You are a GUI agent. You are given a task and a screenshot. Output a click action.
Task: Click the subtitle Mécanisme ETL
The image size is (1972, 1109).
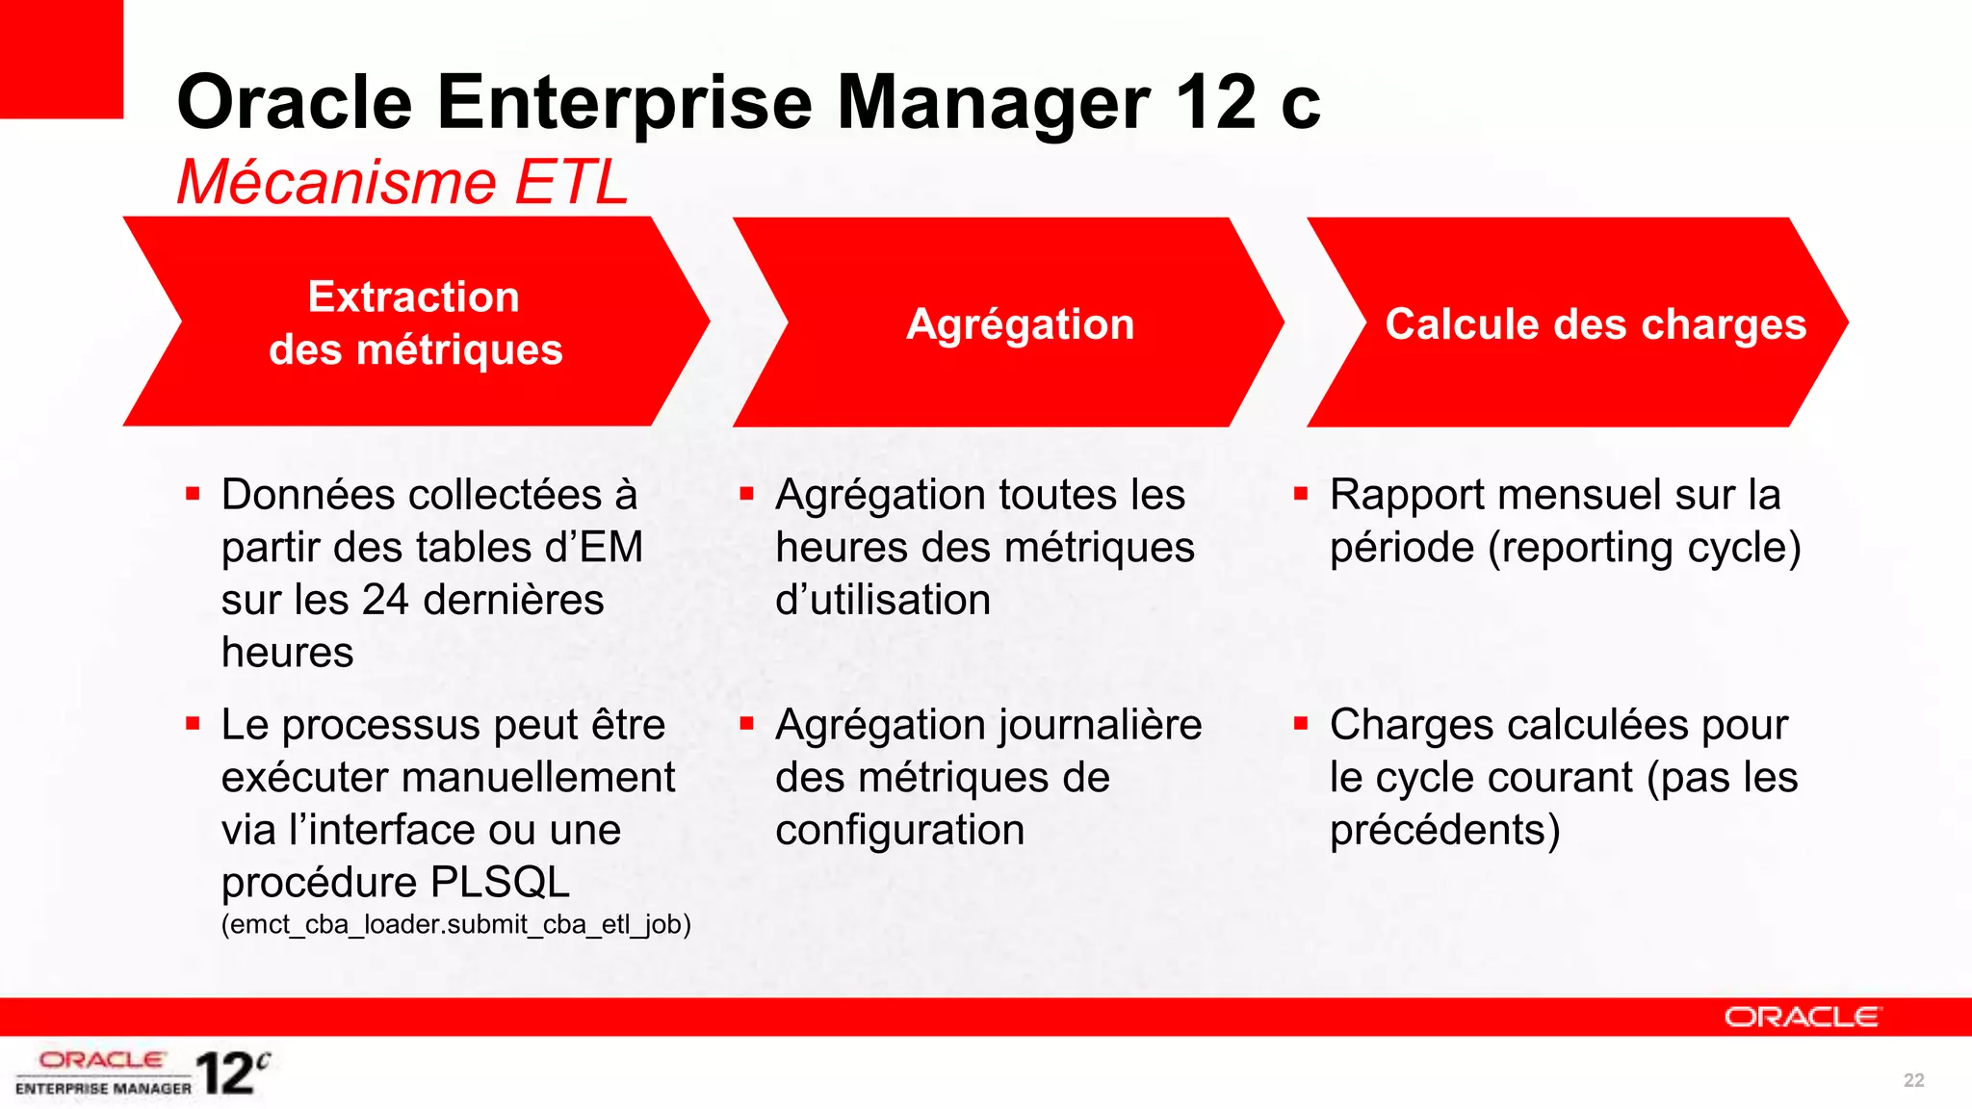click(402, 182)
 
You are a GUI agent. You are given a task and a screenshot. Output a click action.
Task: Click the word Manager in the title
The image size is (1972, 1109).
click(994, 103)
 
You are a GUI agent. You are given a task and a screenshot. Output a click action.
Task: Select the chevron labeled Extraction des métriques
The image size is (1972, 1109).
click(415, 322)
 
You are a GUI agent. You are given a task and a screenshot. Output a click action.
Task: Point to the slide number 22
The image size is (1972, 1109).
click(1913, 1080)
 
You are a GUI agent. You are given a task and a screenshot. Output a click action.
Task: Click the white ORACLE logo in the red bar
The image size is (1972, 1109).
click(1801, 1018)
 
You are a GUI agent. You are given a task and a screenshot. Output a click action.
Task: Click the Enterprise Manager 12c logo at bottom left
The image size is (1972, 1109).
click(143, 1073)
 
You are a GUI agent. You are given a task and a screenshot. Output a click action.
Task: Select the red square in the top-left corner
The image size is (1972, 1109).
click(61, 58)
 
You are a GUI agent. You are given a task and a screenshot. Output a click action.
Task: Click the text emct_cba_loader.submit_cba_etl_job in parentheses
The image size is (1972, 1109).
click(456, 924)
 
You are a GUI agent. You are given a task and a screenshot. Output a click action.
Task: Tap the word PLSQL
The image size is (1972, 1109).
click(500, 882)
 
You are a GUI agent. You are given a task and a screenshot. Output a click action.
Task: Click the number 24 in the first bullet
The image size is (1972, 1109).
click(385, 600)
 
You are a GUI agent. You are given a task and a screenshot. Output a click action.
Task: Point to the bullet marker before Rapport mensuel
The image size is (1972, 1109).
click(1300, 495)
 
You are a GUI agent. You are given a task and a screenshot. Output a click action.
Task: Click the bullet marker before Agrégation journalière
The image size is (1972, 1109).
click(746, 723)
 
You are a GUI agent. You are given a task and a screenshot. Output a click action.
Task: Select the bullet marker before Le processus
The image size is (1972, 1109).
click(193, 723)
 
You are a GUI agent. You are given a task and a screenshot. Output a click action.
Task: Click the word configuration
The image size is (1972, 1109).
click(899, 830)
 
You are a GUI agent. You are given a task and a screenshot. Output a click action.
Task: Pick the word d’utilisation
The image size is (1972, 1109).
click(883, 600)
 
